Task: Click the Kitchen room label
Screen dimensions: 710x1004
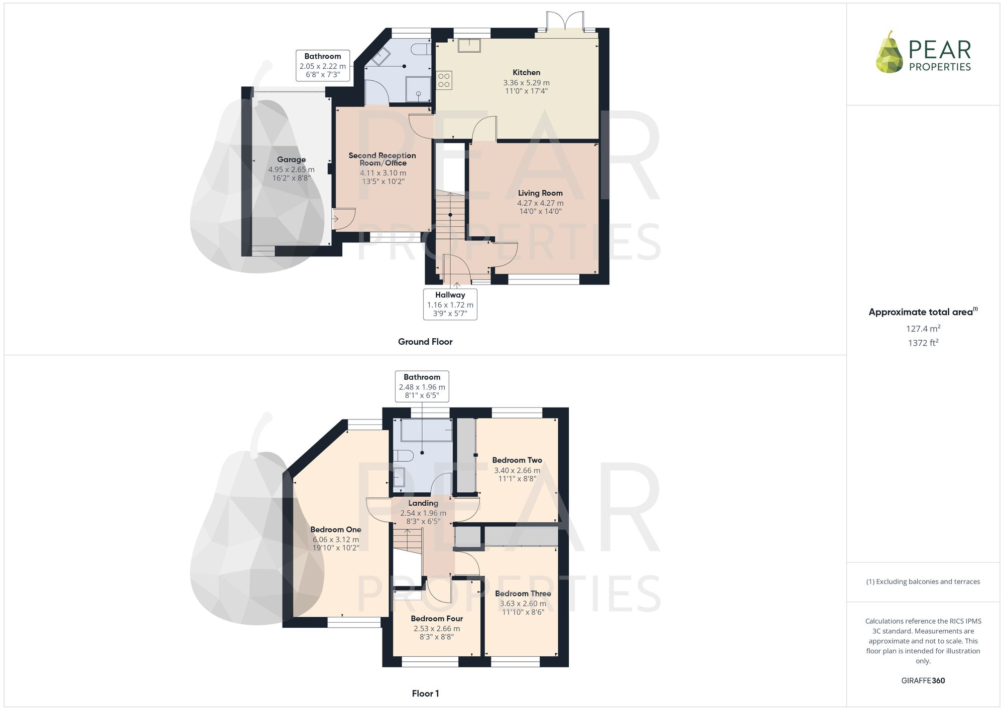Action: tap(526, 73)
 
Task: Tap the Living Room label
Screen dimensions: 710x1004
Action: tap(540, 193)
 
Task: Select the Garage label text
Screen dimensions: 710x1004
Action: tap(291, 160)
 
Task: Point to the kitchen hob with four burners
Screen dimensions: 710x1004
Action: tap(444, 80)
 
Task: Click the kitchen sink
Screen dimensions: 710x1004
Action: tap(469, 45)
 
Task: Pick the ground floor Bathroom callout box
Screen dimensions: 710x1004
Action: tap(323, 65)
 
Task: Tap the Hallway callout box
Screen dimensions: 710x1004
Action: tap(450, 304)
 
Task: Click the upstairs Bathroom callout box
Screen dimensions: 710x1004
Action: tap(422, 386)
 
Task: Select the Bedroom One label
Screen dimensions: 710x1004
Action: tap(335, 529)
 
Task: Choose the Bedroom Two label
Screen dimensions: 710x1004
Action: tap(517, 460)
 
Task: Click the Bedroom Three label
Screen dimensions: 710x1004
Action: tap(523, 594)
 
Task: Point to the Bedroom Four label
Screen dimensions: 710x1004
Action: tap(437, 619)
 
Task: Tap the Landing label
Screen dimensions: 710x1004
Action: tap(423, 503)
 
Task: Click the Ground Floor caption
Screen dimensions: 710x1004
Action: tap(425, 342)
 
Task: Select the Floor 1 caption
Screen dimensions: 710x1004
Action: tap(425, 693)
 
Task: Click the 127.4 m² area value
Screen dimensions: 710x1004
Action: tap(923, 329)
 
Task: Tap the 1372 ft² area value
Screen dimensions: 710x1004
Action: tap(923, 343)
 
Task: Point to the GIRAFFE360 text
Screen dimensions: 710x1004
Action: tap(923, 680)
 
